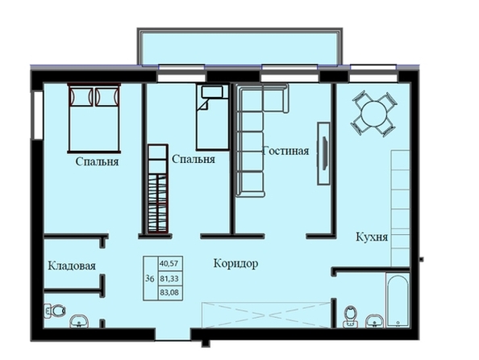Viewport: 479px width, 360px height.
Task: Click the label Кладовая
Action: point(72,266)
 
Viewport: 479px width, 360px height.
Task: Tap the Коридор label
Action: point(235,263)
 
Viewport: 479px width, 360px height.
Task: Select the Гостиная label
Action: point(286,151)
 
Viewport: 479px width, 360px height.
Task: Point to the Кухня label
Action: point(372,237)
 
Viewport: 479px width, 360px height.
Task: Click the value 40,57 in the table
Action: point(169,264)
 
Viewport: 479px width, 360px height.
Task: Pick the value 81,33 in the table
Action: point(169,278)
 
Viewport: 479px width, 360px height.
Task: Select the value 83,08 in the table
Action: point(169,293)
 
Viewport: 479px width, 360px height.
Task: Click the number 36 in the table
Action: point(150,278)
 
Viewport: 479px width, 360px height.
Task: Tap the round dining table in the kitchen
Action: point(373,114)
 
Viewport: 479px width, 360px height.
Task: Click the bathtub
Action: point(398,300)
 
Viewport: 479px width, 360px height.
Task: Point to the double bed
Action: point(94,118)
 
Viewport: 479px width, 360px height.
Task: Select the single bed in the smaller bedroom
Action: point(213,118)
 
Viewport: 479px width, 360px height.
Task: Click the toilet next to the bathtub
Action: point(351,316)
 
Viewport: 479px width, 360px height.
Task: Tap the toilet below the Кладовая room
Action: point(55,311)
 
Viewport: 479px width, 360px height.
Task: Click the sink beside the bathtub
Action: point(375,321)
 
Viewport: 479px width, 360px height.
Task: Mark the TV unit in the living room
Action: point(323,153)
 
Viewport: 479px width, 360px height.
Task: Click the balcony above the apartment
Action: point(240,47)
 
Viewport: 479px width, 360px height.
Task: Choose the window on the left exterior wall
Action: point(38,115)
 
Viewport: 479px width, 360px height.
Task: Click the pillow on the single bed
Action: point(212,91)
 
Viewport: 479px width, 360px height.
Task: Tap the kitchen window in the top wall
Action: point(373,73)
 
